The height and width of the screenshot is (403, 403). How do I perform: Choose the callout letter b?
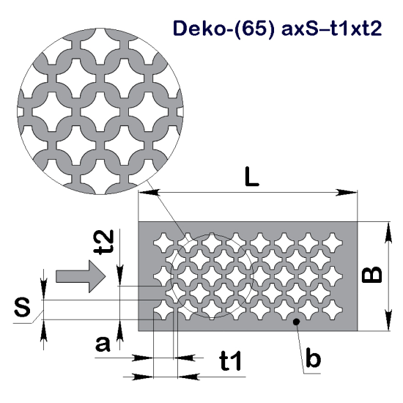313,359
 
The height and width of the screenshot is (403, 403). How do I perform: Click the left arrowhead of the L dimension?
144,193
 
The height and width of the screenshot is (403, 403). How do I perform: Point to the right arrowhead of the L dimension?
352,193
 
